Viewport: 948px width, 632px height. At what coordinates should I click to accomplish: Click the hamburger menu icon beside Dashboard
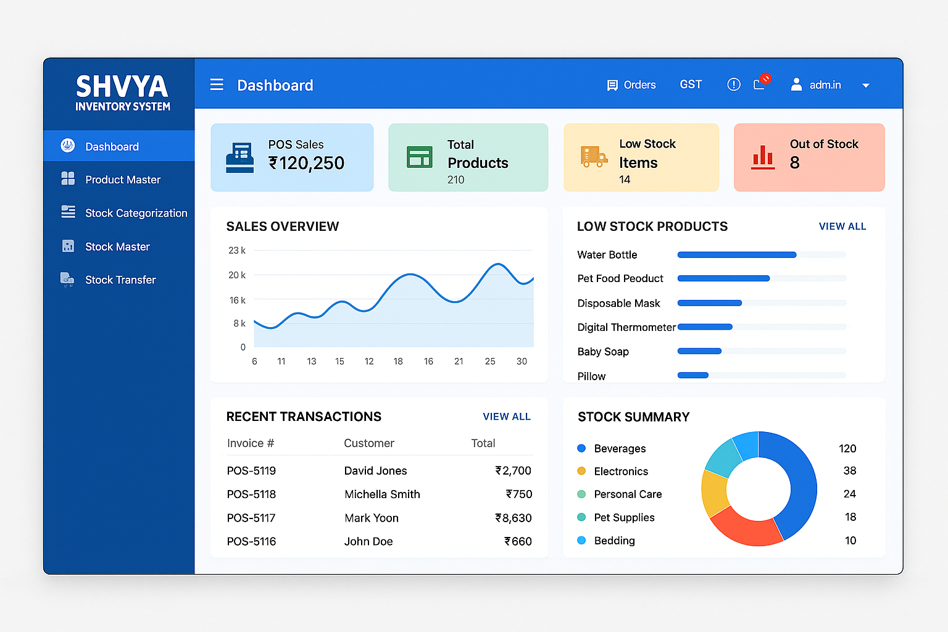(217, 85)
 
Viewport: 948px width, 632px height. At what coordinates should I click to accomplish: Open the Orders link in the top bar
(631, 85)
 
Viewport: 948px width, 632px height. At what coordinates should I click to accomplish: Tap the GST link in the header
(691, 85)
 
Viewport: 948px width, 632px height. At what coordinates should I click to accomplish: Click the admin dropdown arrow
(866, 86)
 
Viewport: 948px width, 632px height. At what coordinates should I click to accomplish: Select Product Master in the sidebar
(122, 180)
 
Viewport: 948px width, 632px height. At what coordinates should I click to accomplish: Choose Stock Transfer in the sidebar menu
(120, 280)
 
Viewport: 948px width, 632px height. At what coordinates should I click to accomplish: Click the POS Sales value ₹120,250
(307, 163)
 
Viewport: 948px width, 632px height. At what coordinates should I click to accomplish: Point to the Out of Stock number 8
(795, 163)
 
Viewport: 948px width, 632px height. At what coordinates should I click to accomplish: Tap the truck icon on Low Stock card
(593, 157)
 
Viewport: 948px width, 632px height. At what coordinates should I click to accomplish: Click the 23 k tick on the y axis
(237, 251)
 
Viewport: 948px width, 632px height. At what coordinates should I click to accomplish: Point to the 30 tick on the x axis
(522, 361)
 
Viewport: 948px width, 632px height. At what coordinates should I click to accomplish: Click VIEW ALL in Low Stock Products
(842, 227)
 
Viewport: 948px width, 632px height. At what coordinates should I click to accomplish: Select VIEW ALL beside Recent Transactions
(507, 417)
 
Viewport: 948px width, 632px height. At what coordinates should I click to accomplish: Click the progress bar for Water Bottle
(737, 255)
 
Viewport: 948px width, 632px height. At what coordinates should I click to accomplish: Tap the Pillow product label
(591, 376)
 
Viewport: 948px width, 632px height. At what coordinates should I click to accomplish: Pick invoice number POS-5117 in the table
(251, 518)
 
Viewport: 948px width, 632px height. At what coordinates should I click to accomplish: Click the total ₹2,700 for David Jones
(513, 471)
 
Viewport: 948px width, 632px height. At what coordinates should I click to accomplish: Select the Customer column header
(368, 443)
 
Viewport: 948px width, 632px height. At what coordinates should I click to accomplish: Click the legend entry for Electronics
(620, 472)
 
